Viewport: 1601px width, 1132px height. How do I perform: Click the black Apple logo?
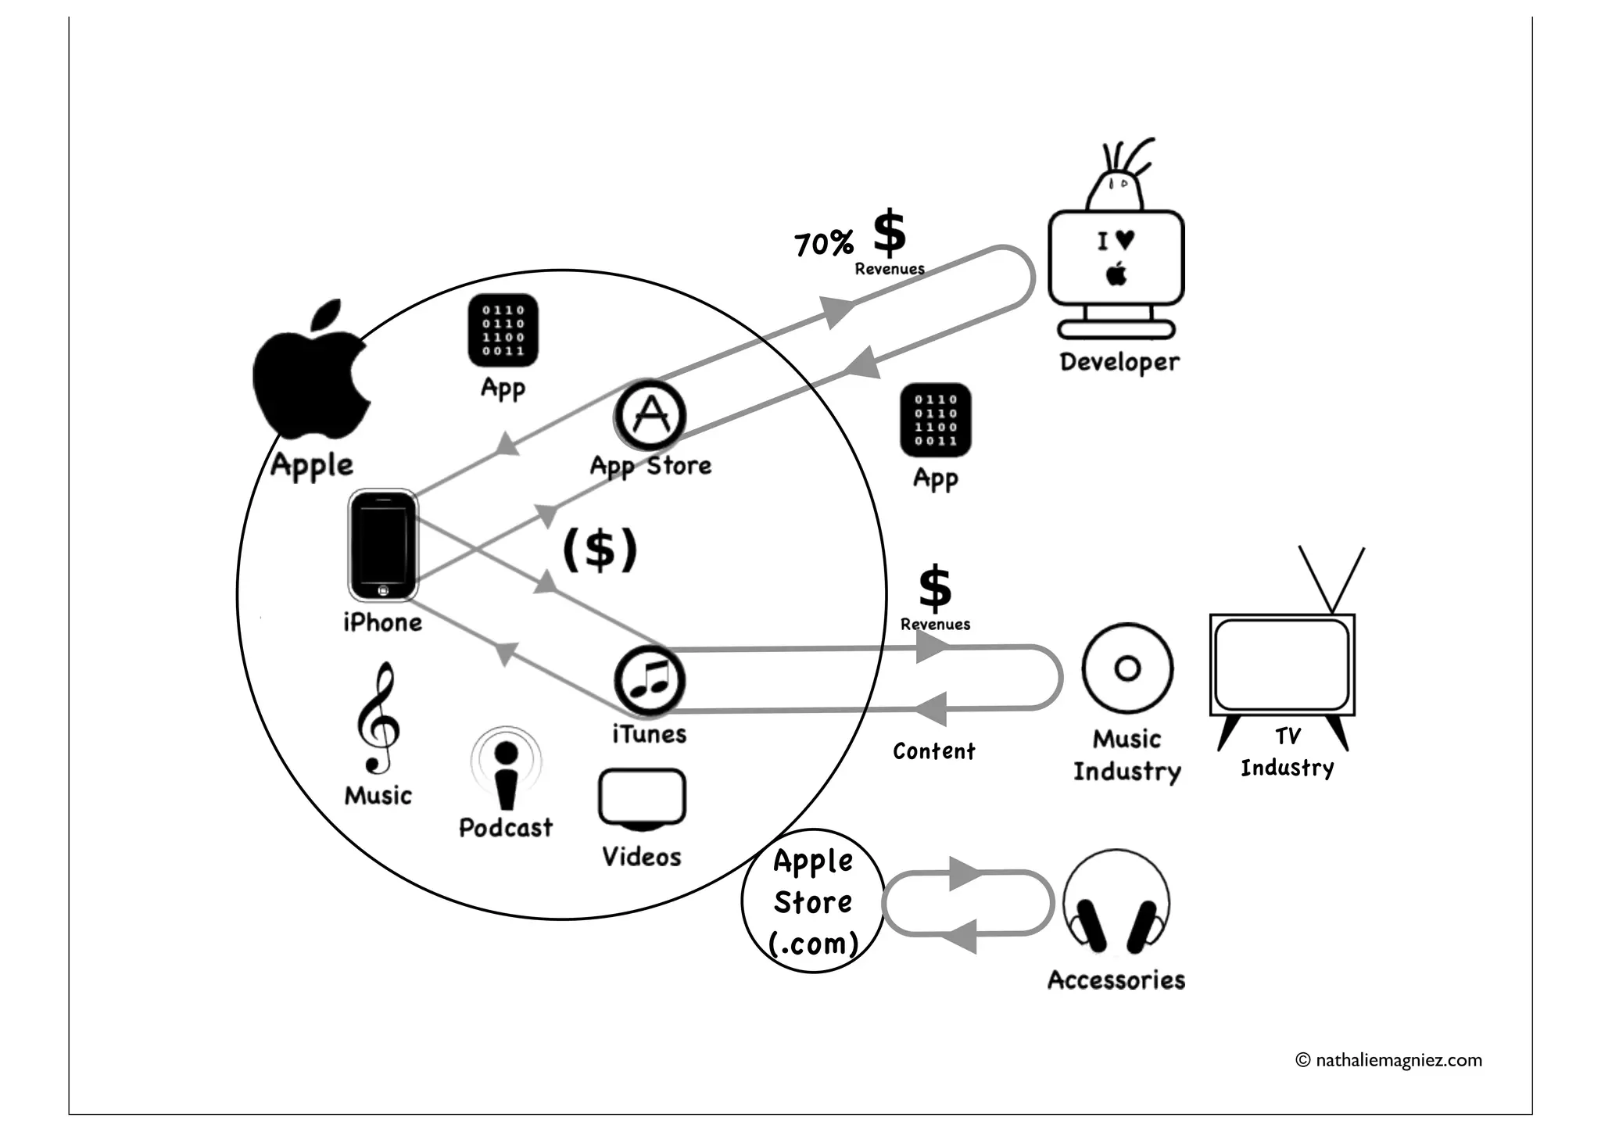click(311, 371)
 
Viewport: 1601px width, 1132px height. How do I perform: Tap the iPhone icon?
click(382, 546)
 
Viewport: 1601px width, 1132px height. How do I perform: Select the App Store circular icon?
click(650, 414)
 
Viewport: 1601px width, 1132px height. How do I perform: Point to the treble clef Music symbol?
click(378, 719)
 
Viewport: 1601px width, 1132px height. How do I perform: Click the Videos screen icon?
click(642, 798)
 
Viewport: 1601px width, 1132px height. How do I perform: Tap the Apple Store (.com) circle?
click(813, 901)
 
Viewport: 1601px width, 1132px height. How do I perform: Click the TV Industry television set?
click(1282, 665)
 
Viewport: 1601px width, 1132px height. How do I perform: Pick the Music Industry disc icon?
click(1127, 668)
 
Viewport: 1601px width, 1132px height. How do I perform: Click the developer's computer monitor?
click(1116, 258)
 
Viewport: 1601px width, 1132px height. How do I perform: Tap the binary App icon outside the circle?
click(936, 420)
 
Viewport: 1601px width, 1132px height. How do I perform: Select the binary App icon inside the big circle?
click(503, 330)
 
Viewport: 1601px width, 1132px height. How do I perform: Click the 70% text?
click(823, 244)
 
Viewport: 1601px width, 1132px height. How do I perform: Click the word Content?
click(934, 751)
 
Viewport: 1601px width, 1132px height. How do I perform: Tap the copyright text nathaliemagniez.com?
click(1389, 1060)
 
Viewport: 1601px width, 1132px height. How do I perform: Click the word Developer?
click(1119, 362)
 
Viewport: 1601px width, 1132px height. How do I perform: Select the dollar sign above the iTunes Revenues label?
click(935, 588)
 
